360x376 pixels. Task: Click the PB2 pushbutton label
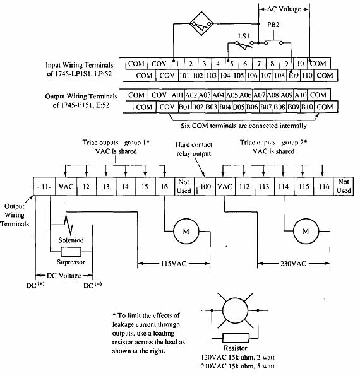pyautogui.click(x=273, y=25)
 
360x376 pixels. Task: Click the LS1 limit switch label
pyautogui.click(x=244, y=36)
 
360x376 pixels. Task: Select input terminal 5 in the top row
pyautogui.click(x=232, y=64)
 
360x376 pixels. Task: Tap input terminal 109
pyautogui.click(x=293, y=76)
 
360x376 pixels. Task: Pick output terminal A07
pyautogui.click(x=260, y=95)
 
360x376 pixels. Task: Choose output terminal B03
pyautogui.click(x=212, y=107)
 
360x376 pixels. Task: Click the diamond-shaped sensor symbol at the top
pyautogui.click(x=201, y=24)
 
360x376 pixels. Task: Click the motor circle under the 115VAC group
pyautogui.click(x=186, y=231)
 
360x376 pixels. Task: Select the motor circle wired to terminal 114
pyautogui.click(x=306, y=231)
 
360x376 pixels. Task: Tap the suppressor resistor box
pyautogui.click(x=71, y=252)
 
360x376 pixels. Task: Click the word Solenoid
pyautogui.click(x=71, y=240)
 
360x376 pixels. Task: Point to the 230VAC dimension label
pyautogui.click(x=293, y=264)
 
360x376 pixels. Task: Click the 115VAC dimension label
pyautogui.click(x=174, y=264)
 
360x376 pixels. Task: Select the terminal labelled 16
pyautogui.click(x=165, y=186)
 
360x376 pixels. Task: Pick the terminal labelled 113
pyautogui.click(x=264, y=186)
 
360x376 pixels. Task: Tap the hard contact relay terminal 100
pyautogui.click(x=205, y=186)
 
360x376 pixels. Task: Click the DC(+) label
pyautogui.click(x=35, y=285)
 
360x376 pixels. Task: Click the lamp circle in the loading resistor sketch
pyautogui.click(x=235, y=310)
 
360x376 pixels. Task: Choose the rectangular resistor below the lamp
pyautogui.click(x=236, y=338)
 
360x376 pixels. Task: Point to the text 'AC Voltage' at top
pyautogui.click(x=284, y=9)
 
